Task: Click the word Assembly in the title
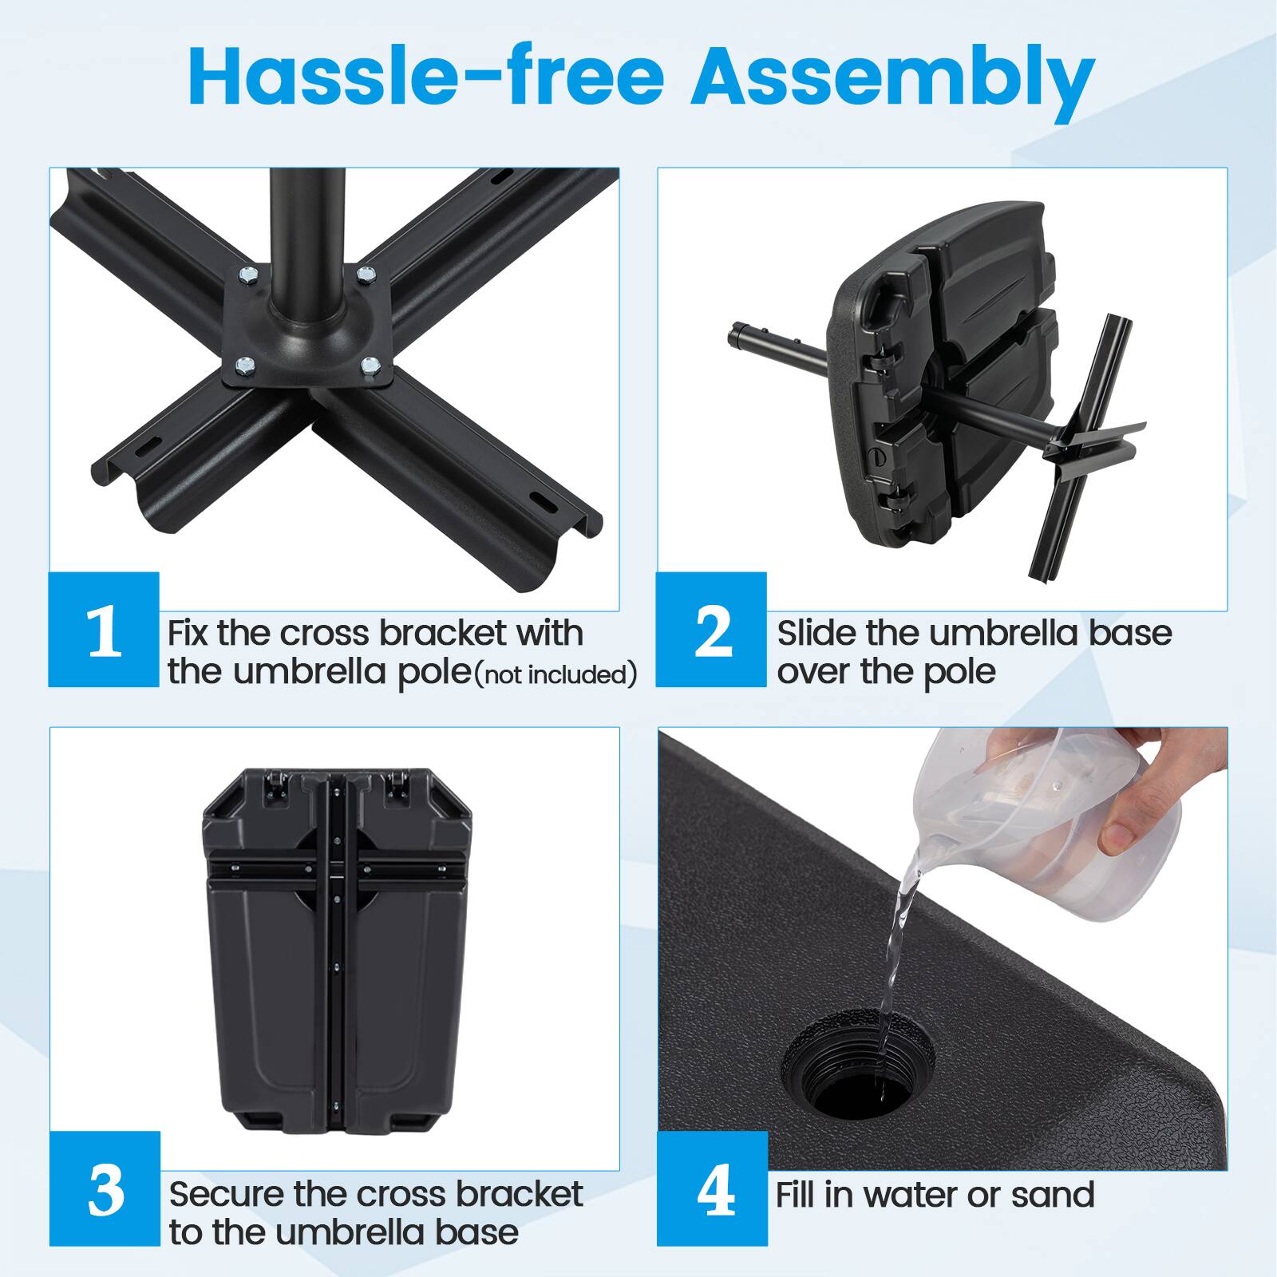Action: (x=892, y=78)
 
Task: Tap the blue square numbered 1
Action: (x=104, y=631)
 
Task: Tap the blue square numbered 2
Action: (x=712, y=631)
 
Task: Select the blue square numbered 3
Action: (x=105, y=1189)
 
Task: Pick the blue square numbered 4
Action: (x=713, y=1189)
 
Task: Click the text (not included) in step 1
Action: (x=556, y=675)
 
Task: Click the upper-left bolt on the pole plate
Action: (x=247, y=275)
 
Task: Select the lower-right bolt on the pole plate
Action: (x=370, y=366)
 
